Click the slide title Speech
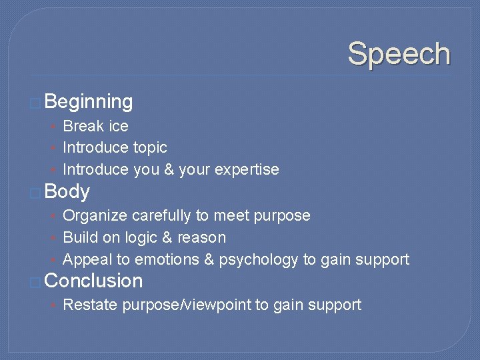click(399, 54)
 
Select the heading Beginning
click(89, 102)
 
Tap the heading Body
click(67, 192)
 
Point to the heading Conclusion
click(93, 281)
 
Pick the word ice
click(119, 126)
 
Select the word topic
click(150, 148)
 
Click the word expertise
click(247, 170)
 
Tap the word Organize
click(95, 216)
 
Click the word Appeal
click(87, 260)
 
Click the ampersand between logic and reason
click(170, 238)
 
